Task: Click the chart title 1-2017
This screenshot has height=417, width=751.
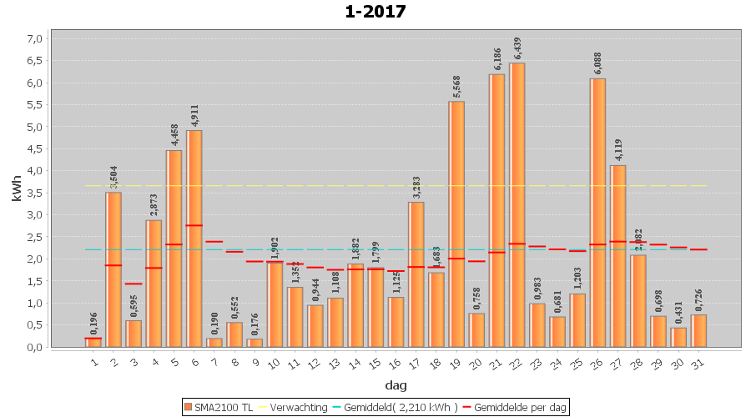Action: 375,12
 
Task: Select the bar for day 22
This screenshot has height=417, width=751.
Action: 517,204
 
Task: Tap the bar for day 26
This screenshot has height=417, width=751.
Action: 598,213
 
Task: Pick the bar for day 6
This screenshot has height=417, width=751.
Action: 194,239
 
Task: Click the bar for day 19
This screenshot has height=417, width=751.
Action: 456,224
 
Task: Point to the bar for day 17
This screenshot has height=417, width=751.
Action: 416,274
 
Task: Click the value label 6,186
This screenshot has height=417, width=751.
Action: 497,60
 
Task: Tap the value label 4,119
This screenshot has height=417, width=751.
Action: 618,150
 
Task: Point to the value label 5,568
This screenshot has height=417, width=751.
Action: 457,87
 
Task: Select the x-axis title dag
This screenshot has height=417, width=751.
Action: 396,384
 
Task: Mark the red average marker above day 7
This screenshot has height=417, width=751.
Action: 214,242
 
